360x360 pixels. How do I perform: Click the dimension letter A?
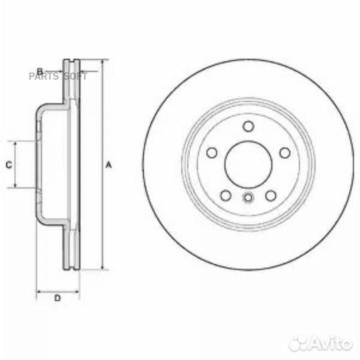coord(108,165)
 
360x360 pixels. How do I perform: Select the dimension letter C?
coord(9,164)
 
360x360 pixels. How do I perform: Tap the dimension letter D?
coord(57,298)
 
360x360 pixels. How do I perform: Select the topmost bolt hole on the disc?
coord(248,127)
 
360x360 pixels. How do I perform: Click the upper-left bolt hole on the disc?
coord(212,153)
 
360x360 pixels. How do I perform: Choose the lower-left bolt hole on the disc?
coord(225,195)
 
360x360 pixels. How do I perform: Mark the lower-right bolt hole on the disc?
coord(271,195)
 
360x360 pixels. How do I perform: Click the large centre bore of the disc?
coord(247,164)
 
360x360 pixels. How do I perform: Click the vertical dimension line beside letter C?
coord(16,164)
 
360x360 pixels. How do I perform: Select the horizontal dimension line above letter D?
coord(57,291)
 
